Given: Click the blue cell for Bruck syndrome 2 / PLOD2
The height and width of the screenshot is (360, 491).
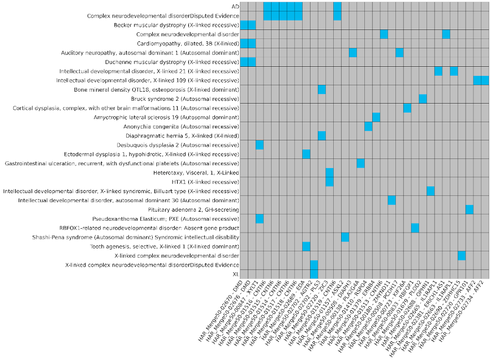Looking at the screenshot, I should (x=423, y=99).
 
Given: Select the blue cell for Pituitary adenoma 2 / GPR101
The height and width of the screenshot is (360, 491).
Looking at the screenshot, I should (x=470, y=209).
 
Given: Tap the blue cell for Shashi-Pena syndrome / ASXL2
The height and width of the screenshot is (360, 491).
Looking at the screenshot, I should (x=345, y=237).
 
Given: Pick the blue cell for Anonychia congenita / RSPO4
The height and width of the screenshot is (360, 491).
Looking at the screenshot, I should (x=368, y=126).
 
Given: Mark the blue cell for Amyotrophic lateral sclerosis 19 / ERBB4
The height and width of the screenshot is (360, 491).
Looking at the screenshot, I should (x=376, y=117).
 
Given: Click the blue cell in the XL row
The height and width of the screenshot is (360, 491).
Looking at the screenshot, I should (x=314, y=274).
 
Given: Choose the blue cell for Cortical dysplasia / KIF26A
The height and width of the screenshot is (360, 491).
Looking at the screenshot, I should (x=407, y=108).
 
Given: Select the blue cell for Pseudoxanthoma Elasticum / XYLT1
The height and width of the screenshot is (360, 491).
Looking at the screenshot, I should (x=260, y=218).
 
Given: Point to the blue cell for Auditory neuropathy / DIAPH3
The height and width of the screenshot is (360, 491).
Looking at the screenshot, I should (x=353, y=53).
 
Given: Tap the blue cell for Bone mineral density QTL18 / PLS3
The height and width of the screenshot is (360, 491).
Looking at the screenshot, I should (x=322, y=89).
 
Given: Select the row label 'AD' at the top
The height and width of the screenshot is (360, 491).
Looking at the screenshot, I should (x=235, y=6).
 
